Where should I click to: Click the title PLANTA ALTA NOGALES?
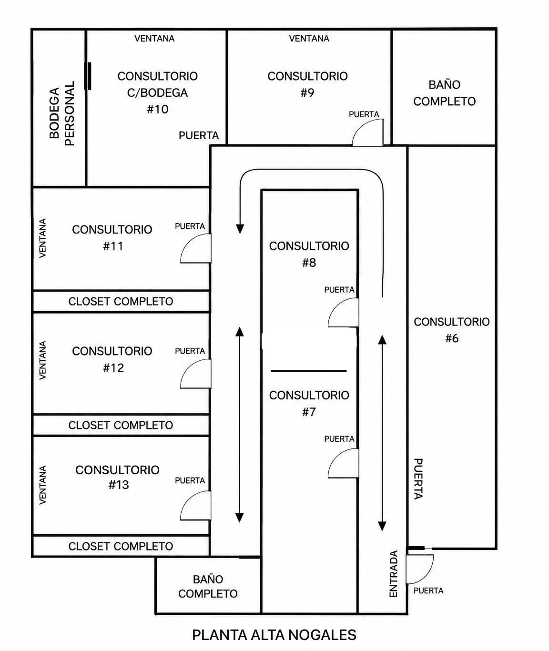pos(274,635)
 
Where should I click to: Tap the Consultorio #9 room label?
pos(307,84)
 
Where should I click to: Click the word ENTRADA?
pos(394,574)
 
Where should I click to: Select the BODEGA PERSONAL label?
pos(62,113)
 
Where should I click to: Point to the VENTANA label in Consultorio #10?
pos(154,38)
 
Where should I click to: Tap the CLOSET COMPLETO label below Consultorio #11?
pos(121,301)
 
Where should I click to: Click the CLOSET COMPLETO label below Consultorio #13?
pos(121,546)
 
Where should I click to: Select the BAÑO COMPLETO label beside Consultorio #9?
pos(444,93)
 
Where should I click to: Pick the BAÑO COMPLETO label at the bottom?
pos(208,586)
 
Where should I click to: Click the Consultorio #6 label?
pos(452,330)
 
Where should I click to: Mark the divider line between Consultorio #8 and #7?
pos(309,371)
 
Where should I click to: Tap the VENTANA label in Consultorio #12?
pos(43,360)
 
